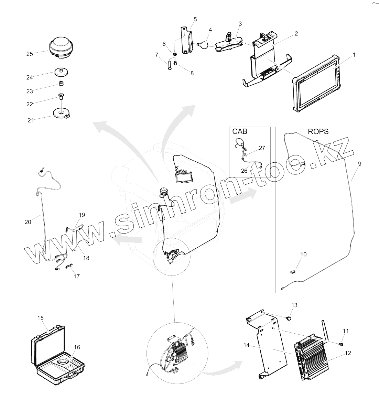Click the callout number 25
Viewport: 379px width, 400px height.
[30, 54]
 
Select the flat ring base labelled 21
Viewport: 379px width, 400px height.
[62, 113]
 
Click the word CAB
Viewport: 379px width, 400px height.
[240, 131]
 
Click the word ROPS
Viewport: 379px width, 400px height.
[318, 131]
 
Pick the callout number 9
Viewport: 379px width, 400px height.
[359, 164]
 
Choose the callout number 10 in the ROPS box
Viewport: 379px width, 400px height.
[303, 254]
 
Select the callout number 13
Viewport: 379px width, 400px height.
[294, 305]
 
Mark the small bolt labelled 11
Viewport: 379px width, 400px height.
[341, 343]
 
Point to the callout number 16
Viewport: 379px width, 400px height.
[77, 347]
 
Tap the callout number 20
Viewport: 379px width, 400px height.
[28, 222]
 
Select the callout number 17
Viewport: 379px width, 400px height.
[77, 276]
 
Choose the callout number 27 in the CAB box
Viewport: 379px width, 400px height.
[262, 148]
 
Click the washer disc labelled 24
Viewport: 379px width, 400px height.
[62, 73]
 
